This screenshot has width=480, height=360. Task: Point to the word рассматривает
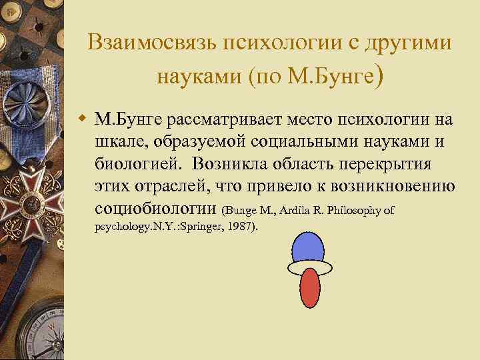tap(223, 119)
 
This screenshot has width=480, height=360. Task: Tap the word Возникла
tap(223, 165)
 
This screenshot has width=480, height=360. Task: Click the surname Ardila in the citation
tap(304, 211)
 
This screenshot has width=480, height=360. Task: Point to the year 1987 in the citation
tap(240, 227)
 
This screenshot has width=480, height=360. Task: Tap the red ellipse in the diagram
tap(309, 288)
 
